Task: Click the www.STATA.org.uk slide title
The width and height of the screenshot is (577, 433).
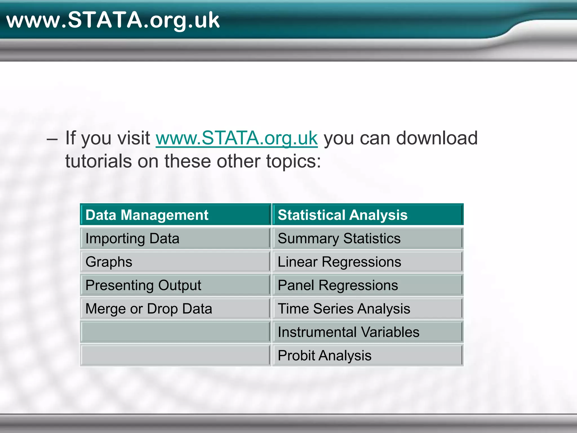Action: click(113, 20)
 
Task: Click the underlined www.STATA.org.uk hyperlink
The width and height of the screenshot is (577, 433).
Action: click(237, 138)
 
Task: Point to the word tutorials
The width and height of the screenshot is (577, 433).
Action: click(99, 161)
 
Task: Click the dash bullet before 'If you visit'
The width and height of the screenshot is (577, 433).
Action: click(52, 139)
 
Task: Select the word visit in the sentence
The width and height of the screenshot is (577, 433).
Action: click(134, 138)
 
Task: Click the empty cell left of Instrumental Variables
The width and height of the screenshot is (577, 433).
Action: click(175, 332)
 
